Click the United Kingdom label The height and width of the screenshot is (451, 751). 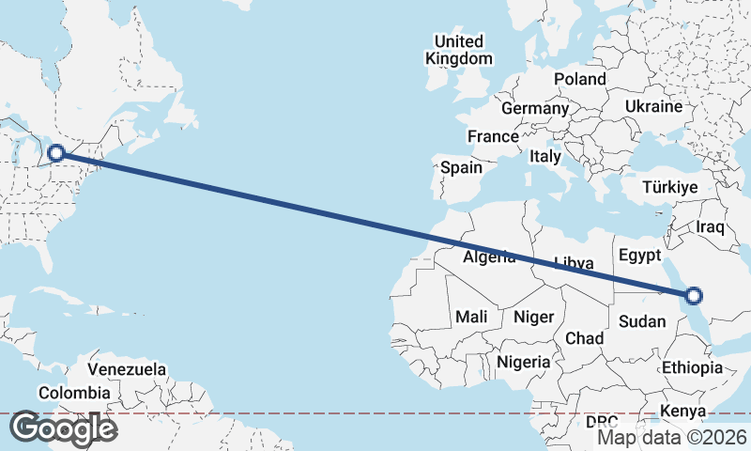point(458,50)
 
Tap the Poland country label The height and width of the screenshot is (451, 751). point(580,79)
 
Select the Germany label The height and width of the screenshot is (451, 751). point(535,109)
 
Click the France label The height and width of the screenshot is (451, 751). point(493,137)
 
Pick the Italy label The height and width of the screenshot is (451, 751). point(544,156)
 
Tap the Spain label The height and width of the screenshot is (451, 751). point(461,168)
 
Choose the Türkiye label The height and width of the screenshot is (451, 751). point(669,188)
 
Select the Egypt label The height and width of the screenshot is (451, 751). point(640,256)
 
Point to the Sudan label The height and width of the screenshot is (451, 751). point(642,321)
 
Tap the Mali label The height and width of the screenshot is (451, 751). point(472,318)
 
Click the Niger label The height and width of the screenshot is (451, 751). point(534,318)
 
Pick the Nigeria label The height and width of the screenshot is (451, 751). point(523,362)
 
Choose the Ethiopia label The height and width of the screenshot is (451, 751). point(692,367)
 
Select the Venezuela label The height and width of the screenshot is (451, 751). point(128,368)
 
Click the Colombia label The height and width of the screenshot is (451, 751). point(74,393)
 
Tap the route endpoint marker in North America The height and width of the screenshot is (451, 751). point(56,152)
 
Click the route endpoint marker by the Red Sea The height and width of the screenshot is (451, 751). point(694,296)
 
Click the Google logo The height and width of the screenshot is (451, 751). point(63,428)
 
